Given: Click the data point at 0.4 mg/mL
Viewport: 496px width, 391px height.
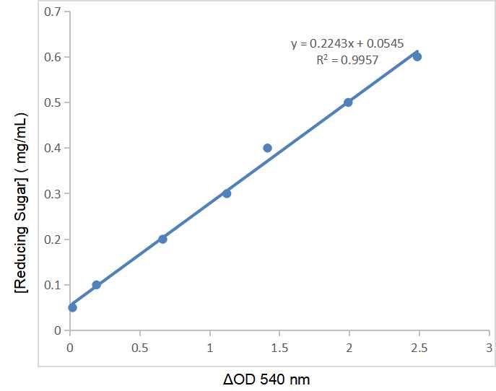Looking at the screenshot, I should pyautogui.click(x=267, y=148).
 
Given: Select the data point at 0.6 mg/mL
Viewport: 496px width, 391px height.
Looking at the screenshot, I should pyautogui.click(x=417, y=56).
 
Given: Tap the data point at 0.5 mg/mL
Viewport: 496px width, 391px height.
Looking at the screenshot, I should pyautogui.click(x=348, y=102).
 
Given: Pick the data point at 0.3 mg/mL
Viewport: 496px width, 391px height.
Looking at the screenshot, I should pyautogui.click(x=227, y=193).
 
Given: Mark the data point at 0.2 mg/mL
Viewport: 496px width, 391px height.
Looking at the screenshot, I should pyautogui.click(x=162, y=239).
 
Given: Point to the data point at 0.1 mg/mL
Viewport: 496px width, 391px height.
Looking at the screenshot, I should pyautogui.click(x=96, y=285).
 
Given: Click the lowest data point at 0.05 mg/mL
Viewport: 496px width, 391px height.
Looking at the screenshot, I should pyautogui.click(x=72, y=307).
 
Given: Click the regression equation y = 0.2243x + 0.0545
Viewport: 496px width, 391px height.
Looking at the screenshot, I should pyautogui.click(x=345, y=44).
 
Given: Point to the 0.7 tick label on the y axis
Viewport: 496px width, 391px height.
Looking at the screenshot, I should pyautogui.click(x=53, y=12).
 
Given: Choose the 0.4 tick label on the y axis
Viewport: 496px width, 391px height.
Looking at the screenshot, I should pyautogui.click(x=53, y=148).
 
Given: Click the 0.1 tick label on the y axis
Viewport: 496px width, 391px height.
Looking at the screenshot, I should pyautogui.click(x=53, y=285).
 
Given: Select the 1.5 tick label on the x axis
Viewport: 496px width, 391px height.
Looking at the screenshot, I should pyautogui.click(x=279, y=347).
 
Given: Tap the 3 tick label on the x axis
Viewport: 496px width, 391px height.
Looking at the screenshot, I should pyautogui.click(x=489, y=347).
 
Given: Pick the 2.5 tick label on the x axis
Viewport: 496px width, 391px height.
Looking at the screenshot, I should pyautogui.click(x=419, y=347).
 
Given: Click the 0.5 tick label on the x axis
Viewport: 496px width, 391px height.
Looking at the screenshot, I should pyautogui.click(x=139, y=347).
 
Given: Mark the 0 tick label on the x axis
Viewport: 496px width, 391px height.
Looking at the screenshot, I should pyautogui.click(x=69, y=347).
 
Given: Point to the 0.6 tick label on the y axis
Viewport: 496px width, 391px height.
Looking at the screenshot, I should pyautogui.click(x=53, y=57).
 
